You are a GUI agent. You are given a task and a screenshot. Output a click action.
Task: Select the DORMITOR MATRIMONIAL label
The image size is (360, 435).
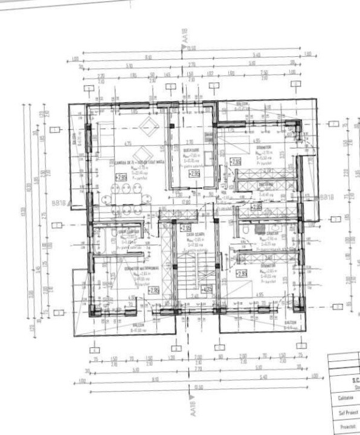click(x=138, y=268)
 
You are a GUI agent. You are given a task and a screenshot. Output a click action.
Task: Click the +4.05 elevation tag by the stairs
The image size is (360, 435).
click(x=207, y=289)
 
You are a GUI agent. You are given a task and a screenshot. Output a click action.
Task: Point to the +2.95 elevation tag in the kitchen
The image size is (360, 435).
click(x=194, y=173)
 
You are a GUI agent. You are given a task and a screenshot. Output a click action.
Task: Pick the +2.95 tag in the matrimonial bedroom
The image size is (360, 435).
click(x=153, y=291)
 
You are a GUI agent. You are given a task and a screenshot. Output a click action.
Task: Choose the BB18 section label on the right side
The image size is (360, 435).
click(x=326, y=197)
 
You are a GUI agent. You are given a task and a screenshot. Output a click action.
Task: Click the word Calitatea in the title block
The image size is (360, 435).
click(x=342, y=399)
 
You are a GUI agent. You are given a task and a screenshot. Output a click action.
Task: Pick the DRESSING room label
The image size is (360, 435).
click(x=266, y=184)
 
